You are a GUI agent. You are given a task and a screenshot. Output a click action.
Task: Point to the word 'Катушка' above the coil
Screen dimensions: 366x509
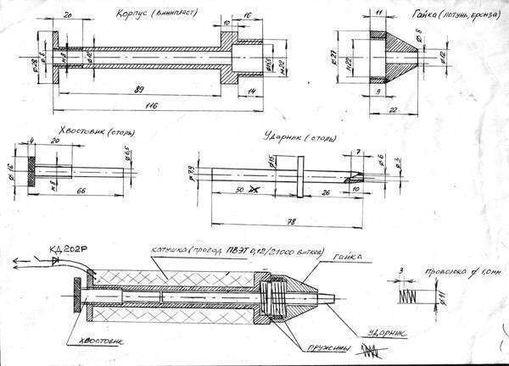coord(169,252)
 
